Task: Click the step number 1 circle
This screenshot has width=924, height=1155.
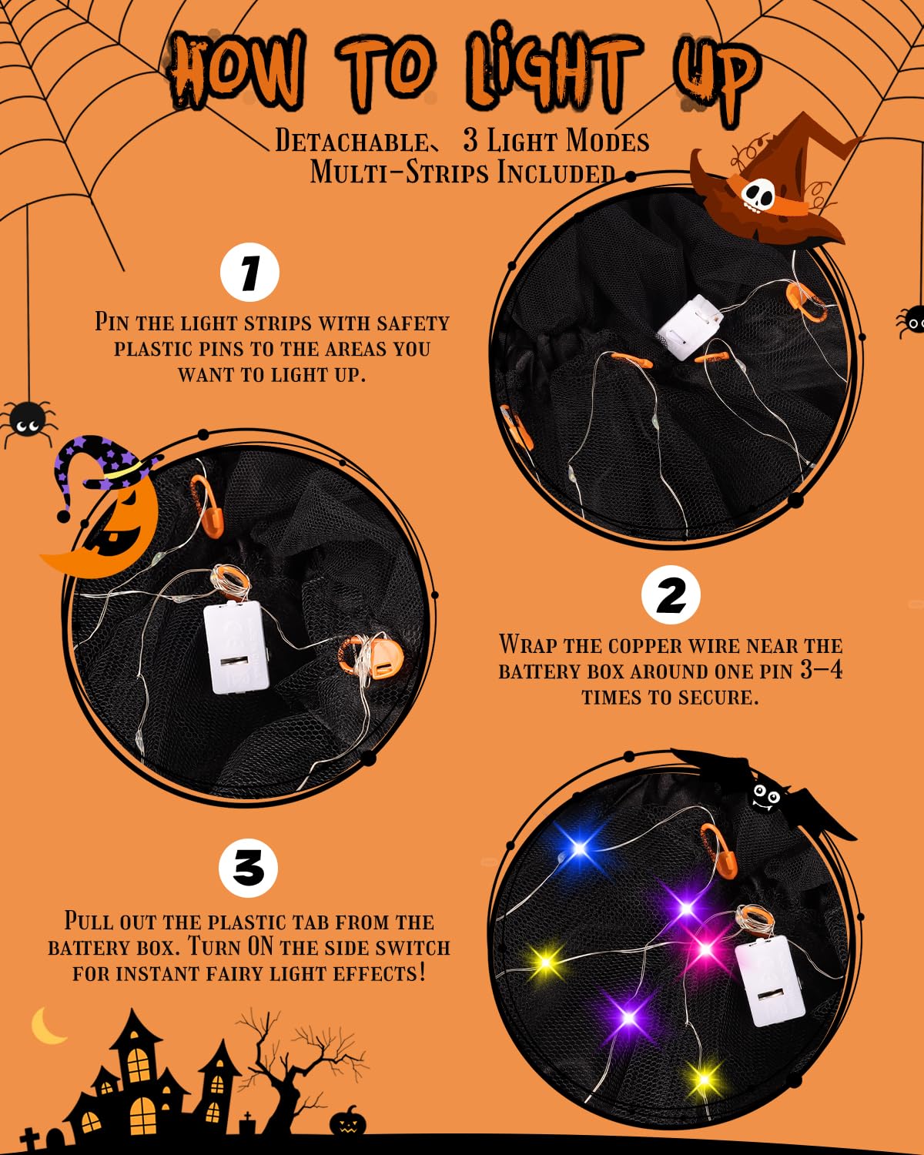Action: coord(249,273)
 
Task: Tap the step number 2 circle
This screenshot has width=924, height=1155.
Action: coord(671,595)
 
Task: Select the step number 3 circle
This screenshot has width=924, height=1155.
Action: coord(248,869)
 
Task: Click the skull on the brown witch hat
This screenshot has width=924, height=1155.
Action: coord(758,195)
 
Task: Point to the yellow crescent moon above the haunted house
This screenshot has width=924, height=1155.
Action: coord(49,1026)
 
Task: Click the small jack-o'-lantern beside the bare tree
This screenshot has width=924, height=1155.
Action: coord(348,1124)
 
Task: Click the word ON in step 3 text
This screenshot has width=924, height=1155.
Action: coord(260,947)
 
